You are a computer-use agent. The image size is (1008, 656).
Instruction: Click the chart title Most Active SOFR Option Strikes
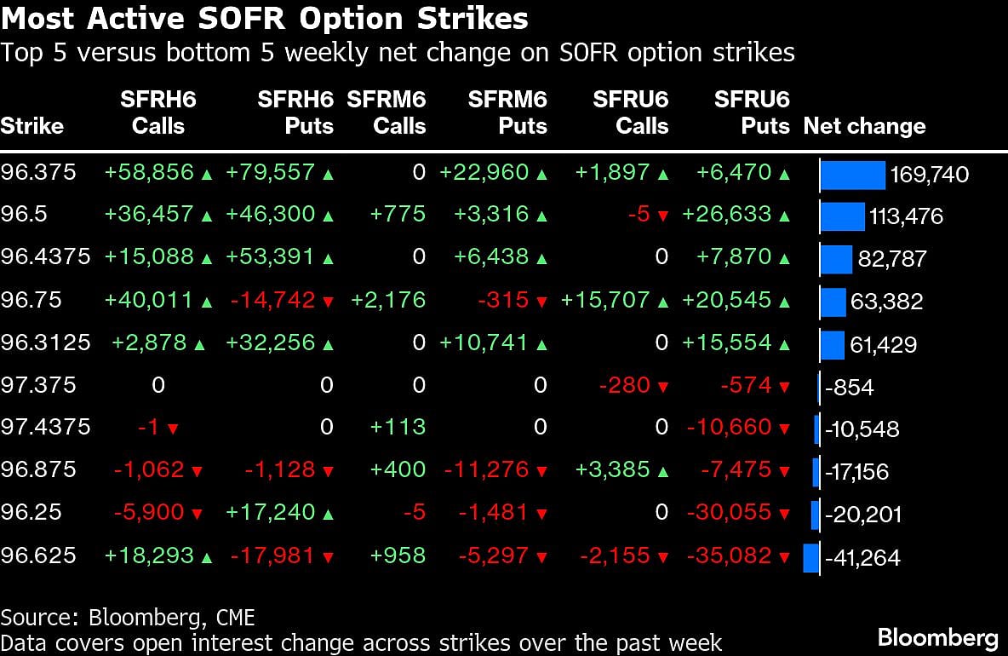265,19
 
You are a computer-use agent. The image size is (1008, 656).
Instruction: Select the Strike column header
32,126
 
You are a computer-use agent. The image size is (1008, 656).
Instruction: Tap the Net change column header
864,126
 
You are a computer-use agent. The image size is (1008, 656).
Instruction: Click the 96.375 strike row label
38,172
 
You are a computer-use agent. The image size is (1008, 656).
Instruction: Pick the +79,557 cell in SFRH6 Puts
271,173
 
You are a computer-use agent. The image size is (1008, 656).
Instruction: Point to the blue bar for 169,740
853,174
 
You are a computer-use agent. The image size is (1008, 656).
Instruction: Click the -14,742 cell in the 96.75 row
272,300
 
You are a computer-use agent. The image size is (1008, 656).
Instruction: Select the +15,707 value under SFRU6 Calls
605,300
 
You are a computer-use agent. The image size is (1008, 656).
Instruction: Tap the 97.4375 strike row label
45,427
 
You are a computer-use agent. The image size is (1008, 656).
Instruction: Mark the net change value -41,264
862,558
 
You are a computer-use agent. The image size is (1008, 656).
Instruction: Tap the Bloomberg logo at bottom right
938,636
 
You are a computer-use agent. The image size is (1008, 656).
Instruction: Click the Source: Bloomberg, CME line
128,617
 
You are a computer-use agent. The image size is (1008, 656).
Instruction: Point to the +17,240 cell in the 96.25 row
271,513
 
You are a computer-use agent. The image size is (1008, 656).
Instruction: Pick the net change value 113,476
906,216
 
